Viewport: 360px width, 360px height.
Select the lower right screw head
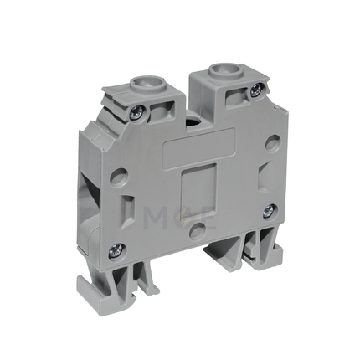[270, 211]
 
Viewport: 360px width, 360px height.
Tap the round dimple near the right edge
[273, 142]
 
